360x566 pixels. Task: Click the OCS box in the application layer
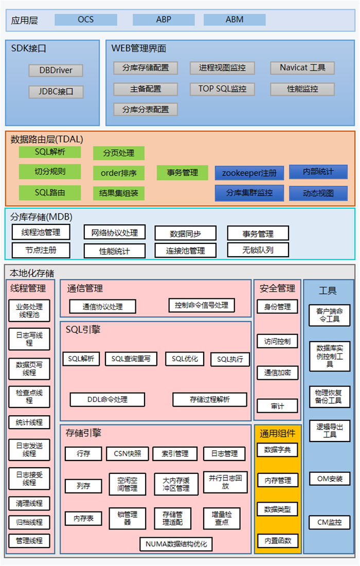(86, 20)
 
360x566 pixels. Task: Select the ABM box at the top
(235, 20)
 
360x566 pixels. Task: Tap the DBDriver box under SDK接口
(56, 70)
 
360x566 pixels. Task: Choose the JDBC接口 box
(56, 92)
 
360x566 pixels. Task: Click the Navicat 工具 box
(302, 67)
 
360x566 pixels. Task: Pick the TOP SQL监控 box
(222, 89)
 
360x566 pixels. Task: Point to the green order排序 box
(119, 172)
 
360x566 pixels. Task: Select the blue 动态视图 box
(318, 193)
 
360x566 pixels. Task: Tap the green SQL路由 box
(50, 192)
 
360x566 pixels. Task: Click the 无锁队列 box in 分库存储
(258, 250)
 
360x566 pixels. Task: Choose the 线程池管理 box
(41, 232)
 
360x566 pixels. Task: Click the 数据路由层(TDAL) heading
(47, 139)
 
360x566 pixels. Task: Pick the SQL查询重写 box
(131, 359)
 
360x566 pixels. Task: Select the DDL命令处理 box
(107, 399)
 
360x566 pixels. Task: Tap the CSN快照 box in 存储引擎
(128, 453)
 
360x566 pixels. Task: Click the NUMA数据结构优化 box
(176, 543)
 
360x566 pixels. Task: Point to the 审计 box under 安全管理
(277, 406)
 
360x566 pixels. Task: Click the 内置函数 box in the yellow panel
(278, 540)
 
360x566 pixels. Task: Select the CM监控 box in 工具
(329, 522)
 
